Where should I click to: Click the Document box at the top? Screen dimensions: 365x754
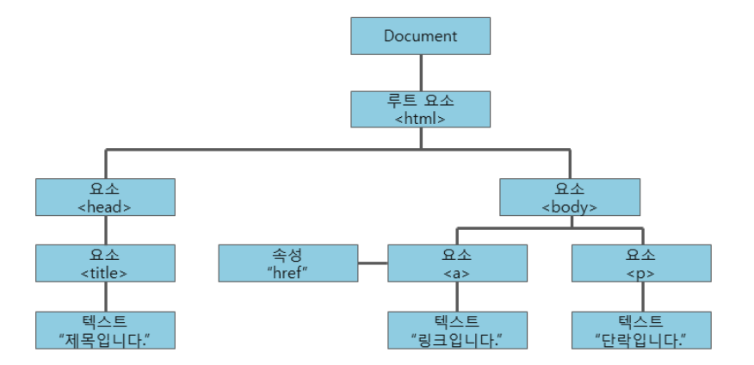coord(420,36)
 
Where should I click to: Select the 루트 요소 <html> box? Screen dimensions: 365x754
coord(420,109)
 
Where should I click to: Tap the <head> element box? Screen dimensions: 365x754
coord(105,197)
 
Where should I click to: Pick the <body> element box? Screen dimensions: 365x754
coord(570,197)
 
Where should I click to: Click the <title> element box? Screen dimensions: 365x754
coord(105,263)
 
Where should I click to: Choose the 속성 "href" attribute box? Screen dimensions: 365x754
coord(287,263)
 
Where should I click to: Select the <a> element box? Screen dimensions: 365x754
coord(457,263)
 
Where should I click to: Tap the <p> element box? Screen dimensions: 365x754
coord(641,263)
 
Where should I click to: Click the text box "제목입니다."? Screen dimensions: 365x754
coord(105,330)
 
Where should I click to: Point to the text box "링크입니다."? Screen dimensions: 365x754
coord(457,330)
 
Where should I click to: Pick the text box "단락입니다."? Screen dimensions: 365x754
coord(641,330)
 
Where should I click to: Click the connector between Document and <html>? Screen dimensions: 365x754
coord(420,73)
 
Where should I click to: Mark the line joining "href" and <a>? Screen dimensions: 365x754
coord(372,263)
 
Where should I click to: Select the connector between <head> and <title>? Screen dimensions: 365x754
coord(105,230)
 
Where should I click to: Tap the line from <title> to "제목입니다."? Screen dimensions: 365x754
coord(105,297)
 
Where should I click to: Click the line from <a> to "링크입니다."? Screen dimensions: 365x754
coord(457,297)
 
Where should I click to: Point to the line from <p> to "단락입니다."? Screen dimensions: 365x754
coord(641,297)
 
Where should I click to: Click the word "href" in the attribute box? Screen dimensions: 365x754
coord(287,273)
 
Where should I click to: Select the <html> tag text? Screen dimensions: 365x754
coord(420,119)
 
